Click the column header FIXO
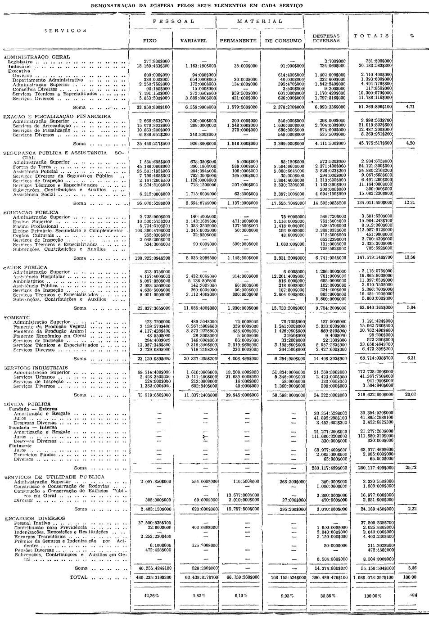(149, 41)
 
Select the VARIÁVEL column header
(194, 41)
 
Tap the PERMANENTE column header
(238, 41)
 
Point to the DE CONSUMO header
(283, 41)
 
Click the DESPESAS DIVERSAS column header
(326, 38)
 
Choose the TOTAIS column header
(371, 36)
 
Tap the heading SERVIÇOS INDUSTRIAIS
(36, 367)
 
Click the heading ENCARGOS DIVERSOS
(35, 518)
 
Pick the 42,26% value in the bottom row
(149, 595)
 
